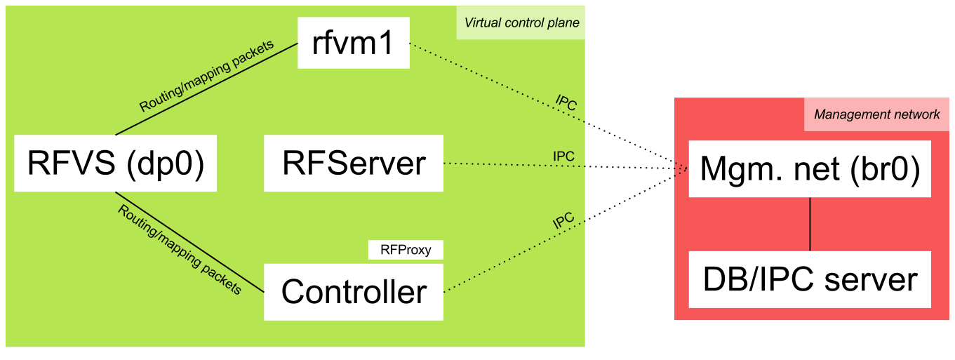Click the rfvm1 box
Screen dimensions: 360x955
tap(353, 44)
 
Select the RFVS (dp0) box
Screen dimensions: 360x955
tap(115, 164)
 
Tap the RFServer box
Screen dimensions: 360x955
tap(353, 164)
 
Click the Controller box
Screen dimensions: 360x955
tap(353, 292)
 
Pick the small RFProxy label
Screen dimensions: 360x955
tap(406, 249)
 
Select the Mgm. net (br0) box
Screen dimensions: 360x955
tap(810, 169)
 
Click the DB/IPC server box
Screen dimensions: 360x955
tap(810, 279)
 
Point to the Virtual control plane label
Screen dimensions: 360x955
tap(521, 22)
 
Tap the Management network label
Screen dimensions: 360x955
tap(876, 114)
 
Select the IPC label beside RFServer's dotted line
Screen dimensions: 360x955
tap(563, 156)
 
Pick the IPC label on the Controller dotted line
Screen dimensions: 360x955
tap(563, 222)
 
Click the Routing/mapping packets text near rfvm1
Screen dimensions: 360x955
tap(206, 76)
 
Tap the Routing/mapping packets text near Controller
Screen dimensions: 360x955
tap(179, 249)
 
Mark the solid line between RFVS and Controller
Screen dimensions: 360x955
tap(189, 242)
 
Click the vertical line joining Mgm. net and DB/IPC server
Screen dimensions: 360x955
tap(810, 224)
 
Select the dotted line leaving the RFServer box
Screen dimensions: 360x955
tap(512, 165)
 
